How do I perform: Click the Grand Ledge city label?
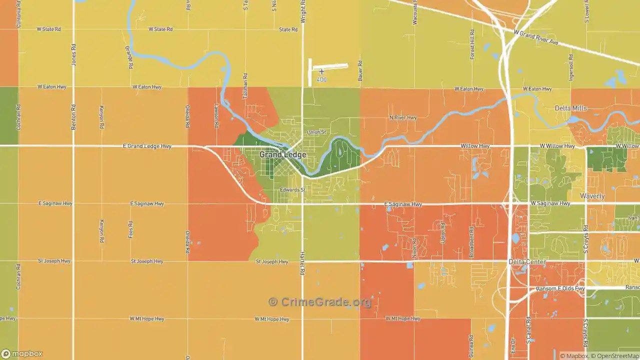click(x=282, y=155)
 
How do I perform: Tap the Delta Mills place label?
click(x=570, y=108)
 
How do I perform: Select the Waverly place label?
click(x=592, y=196)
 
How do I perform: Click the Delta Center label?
click(x=527, y=262)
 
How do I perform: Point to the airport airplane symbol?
click(x=321, y=72)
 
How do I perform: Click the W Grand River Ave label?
click(x=536, y=37)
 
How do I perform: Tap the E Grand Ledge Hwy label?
click(x=147, y=146)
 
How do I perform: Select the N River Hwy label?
click(x=402, y=118)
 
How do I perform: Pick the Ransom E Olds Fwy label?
click(x=560, y=288)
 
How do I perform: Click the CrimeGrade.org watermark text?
click(x=320, y=302)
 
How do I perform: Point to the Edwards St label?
click(x=292, y=190)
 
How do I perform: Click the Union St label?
click(x=316, y=132)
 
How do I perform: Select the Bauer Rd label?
click(x=360, y=71)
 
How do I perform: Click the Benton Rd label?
click(x=73, y=117)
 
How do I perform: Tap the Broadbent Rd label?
click(x=471, y=242)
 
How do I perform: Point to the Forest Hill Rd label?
click(x=471, y=44)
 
